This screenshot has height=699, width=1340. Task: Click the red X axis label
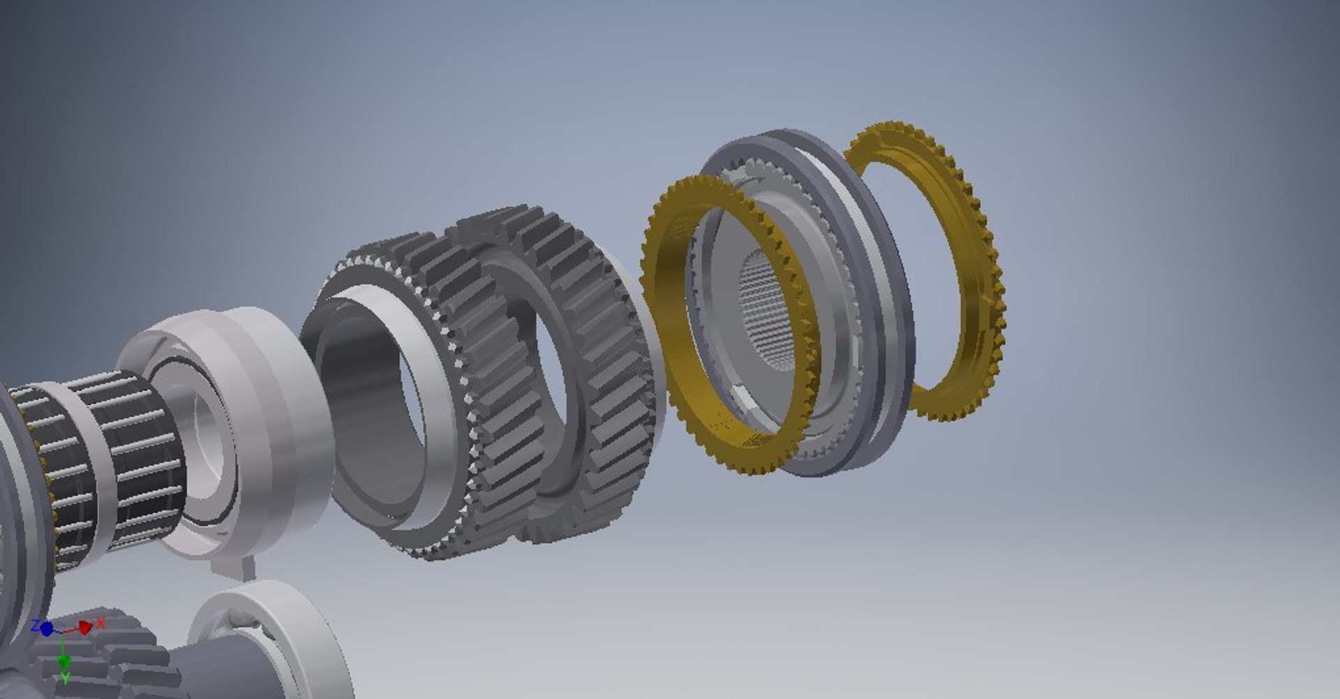point(100,621)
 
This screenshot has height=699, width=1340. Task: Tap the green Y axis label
point(65,679)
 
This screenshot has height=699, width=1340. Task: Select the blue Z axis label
point(34,625)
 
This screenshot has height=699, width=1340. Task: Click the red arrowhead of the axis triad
point(85,628)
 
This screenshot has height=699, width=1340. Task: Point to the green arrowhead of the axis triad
point(64,661)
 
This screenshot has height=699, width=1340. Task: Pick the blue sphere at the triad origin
point(47,629)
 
